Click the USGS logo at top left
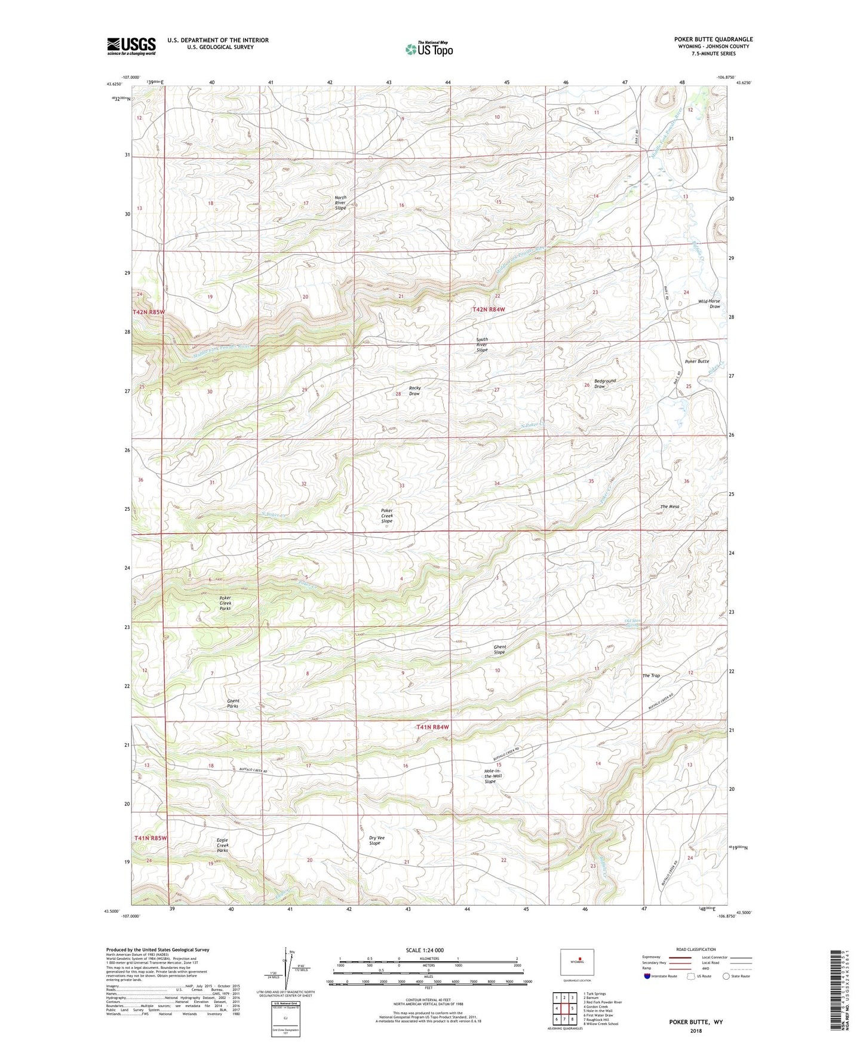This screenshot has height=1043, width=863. coord(131,46)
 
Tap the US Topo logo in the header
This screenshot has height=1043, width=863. coord(429,49)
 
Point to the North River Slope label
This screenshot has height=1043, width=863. coord(340,203)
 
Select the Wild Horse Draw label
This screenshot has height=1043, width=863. coord(710,304)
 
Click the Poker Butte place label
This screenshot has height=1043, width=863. coord(697,361)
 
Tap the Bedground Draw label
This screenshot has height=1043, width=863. coord(604,384)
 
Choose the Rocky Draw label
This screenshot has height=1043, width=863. coord(414,391)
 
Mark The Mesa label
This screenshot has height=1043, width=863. coord(669,507)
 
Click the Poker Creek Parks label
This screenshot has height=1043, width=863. coord(225,603)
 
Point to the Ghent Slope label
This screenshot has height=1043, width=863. coord(499,649)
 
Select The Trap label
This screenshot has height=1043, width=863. coord(651,676)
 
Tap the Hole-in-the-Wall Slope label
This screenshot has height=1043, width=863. coord(493,776)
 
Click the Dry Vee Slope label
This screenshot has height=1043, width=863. coord(376,840)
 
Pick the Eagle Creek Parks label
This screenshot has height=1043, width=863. coord(222,845)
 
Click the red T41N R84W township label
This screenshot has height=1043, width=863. coord(432,727)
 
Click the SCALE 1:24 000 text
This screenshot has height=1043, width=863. coord(425,950)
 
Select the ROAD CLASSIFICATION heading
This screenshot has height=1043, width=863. coord(696,949)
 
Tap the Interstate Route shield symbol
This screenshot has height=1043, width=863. coord(647,975)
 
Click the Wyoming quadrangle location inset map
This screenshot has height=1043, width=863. coord(577,962)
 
